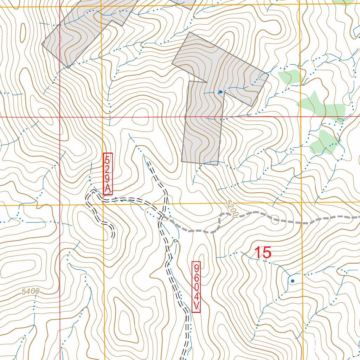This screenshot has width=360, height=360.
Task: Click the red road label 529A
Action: [x=108, y=174]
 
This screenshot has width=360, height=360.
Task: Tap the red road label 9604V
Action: [x=196, y=287]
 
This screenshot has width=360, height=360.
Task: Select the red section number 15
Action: [x=262, y=253]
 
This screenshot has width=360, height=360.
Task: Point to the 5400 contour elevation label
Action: [x=30, y=291]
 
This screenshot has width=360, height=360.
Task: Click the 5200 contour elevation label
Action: [x=232, y=208]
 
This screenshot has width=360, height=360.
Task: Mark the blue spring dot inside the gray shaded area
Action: [x=220, y=92]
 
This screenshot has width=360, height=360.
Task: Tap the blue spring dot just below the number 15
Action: [x=292, y=281]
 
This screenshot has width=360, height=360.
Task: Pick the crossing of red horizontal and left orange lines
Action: [x=102, y=117]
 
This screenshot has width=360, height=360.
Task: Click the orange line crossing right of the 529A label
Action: [x=103, y=204]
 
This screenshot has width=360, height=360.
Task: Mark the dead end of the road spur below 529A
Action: [x=113, y=237]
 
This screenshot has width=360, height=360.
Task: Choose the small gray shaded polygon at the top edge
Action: [x=185, y=3]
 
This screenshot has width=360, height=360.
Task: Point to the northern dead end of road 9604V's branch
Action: [x=149, y=163]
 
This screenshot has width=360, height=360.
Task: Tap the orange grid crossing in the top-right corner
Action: [x=299, y=5]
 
